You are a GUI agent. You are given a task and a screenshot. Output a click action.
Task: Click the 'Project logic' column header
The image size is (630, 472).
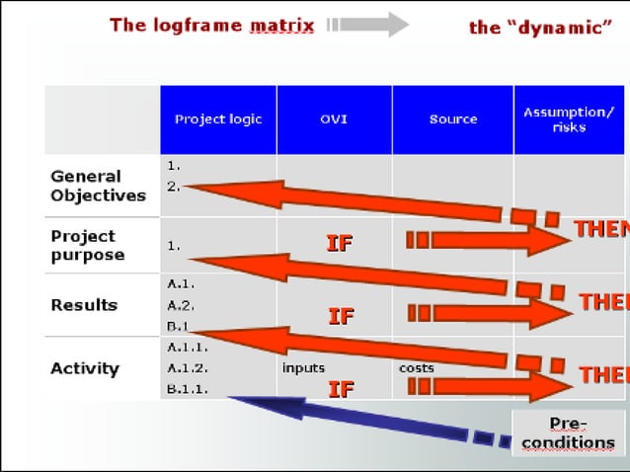coord(218,119)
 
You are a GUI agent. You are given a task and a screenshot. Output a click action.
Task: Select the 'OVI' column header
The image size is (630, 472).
coord(334,119)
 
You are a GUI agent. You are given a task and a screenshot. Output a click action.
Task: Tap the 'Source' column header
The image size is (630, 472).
coord(452,119)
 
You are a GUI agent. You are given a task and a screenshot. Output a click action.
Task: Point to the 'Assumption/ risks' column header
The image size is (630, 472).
coord(569,119)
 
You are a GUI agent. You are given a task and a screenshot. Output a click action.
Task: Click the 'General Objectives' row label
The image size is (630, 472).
coord(98,186)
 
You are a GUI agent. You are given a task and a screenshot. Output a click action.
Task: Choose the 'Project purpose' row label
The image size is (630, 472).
coord(87,245)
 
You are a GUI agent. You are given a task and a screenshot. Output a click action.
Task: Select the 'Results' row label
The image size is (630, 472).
coord(84,305)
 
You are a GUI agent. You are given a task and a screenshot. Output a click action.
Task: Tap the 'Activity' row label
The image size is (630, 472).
coord(85,368)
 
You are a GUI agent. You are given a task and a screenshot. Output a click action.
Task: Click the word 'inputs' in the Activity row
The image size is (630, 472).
coord(303,368)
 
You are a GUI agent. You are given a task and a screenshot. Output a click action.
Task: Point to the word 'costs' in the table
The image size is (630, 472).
coord(416,368)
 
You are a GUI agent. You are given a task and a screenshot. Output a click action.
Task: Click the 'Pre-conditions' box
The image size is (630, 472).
coord(568,433)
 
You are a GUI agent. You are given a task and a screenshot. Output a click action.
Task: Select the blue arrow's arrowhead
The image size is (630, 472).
coord(243,401)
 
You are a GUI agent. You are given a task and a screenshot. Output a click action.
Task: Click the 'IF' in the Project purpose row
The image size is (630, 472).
coord(339,243)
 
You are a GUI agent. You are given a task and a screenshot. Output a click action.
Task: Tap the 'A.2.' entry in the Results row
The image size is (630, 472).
coord(181,305)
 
